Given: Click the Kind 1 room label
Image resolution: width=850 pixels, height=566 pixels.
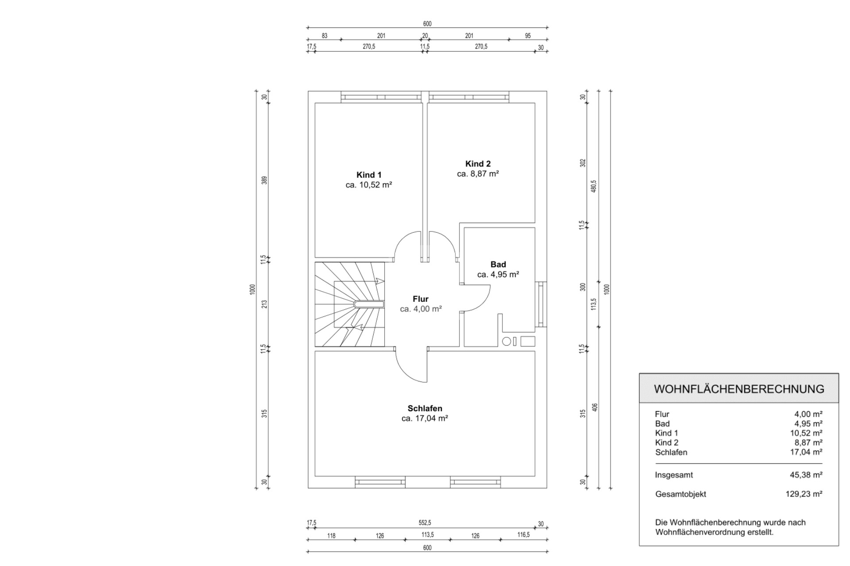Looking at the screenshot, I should pos(369,175).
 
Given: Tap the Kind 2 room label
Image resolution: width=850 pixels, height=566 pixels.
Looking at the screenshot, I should pos(478,164).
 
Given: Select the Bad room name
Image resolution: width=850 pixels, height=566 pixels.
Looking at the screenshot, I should pos(498,264).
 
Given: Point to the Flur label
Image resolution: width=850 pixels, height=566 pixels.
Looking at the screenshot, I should pos(420,299).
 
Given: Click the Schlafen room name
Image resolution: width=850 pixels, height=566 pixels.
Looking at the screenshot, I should pos(425,408).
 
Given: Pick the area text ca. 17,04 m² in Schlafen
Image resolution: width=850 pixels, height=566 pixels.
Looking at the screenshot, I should pos(425,418).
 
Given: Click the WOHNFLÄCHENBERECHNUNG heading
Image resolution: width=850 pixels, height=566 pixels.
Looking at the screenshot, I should pos(739,389).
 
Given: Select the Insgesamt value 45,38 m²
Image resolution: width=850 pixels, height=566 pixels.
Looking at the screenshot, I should pos(806,475).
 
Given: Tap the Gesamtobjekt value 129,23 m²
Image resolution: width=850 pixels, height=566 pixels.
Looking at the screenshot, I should pos(804,494).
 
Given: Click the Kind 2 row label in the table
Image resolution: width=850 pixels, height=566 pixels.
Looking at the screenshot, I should pos(667,443).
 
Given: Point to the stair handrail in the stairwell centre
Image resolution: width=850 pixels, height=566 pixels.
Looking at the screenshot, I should pos(369,304).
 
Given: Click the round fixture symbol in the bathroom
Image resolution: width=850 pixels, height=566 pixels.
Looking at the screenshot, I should pos(507,341).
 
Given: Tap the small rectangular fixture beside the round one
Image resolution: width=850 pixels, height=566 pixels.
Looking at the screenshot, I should pos(528,341).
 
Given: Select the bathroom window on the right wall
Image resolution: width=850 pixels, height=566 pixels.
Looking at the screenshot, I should pos(541,304).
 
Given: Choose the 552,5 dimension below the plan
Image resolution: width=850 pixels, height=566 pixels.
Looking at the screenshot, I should pos(425,523).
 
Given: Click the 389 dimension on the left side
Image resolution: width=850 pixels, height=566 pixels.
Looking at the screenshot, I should pos(264,180).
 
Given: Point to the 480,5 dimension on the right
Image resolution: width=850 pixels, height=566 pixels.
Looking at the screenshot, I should pos(594,186).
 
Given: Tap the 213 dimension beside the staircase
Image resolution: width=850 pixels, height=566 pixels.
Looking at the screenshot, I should pos(264,304).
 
